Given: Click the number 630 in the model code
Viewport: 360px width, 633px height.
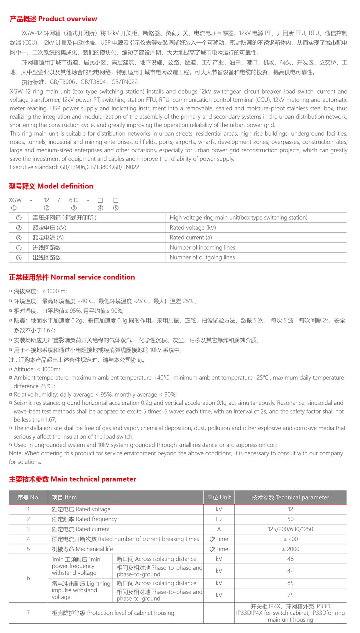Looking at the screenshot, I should coord(74,200).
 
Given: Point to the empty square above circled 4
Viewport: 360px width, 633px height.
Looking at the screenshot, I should coord(100,200).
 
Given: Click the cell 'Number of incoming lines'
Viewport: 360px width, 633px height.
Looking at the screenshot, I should coord(202,247).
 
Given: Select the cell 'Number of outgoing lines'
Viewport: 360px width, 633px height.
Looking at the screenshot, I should coord(202,257).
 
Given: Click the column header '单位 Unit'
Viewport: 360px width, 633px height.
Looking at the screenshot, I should coord(219,497).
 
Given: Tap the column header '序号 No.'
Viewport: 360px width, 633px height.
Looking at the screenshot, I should coord(28,497).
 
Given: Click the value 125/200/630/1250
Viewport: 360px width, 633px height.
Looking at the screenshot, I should coord(290,529).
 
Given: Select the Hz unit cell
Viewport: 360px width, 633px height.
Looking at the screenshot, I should coord(219,519).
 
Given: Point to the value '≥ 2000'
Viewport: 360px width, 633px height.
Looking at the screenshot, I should coord(290,549).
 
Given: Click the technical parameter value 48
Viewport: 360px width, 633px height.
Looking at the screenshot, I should coord(290,559).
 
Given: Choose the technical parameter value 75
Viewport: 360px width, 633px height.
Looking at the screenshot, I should coord(290,595).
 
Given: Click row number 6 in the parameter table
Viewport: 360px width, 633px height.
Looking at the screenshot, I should coord(28,578).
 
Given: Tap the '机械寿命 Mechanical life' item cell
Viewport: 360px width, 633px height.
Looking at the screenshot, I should coord(82,549).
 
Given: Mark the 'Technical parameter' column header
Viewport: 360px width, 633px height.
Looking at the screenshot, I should coord(290,497).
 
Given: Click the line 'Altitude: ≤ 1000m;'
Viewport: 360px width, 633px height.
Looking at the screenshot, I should coord(37,369).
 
